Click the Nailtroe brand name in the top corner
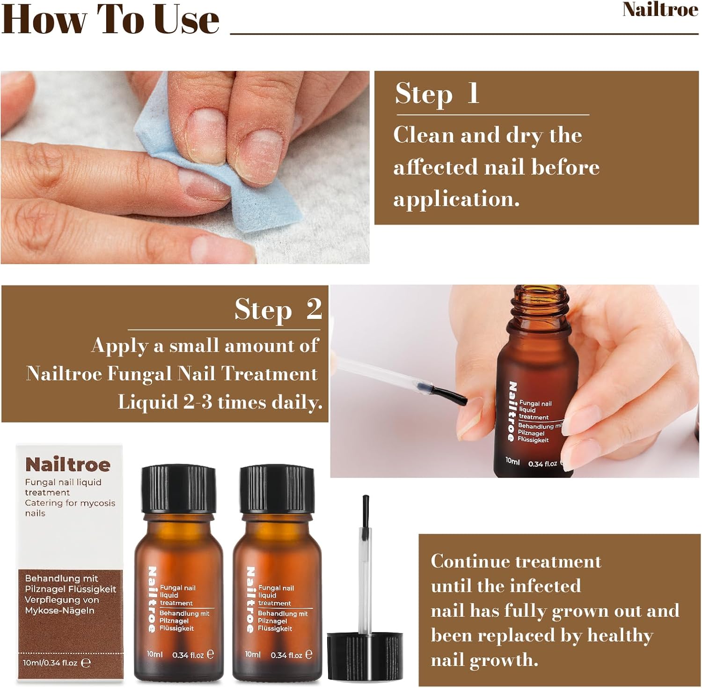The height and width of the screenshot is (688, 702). pyautogui.click(x=660, y=10)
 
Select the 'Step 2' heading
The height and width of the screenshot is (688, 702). pyautogui.click(x=278, y=310)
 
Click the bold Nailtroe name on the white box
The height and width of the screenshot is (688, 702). pyautogui.click(x=68, y=465)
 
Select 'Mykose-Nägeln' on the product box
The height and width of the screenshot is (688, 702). pyautogui.click(x=59, y=611)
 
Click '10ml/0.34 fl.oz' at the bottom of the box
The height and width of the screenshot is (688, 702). pyautogui.click(x=51, y=663)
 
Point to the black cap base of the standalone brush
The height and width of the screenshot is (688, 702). pyautogui.click(x=365, y=656)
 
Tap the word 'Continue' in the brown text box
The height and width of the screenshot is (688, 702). pyautogui.click(x=469, y=561)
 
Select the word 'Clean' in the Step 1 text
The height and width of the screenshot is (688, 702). pyautogui.click(x=424, y=135)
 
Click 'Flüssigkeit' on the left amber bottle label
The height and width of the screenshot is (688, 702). pyautogui.click(x=177, y=629)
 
